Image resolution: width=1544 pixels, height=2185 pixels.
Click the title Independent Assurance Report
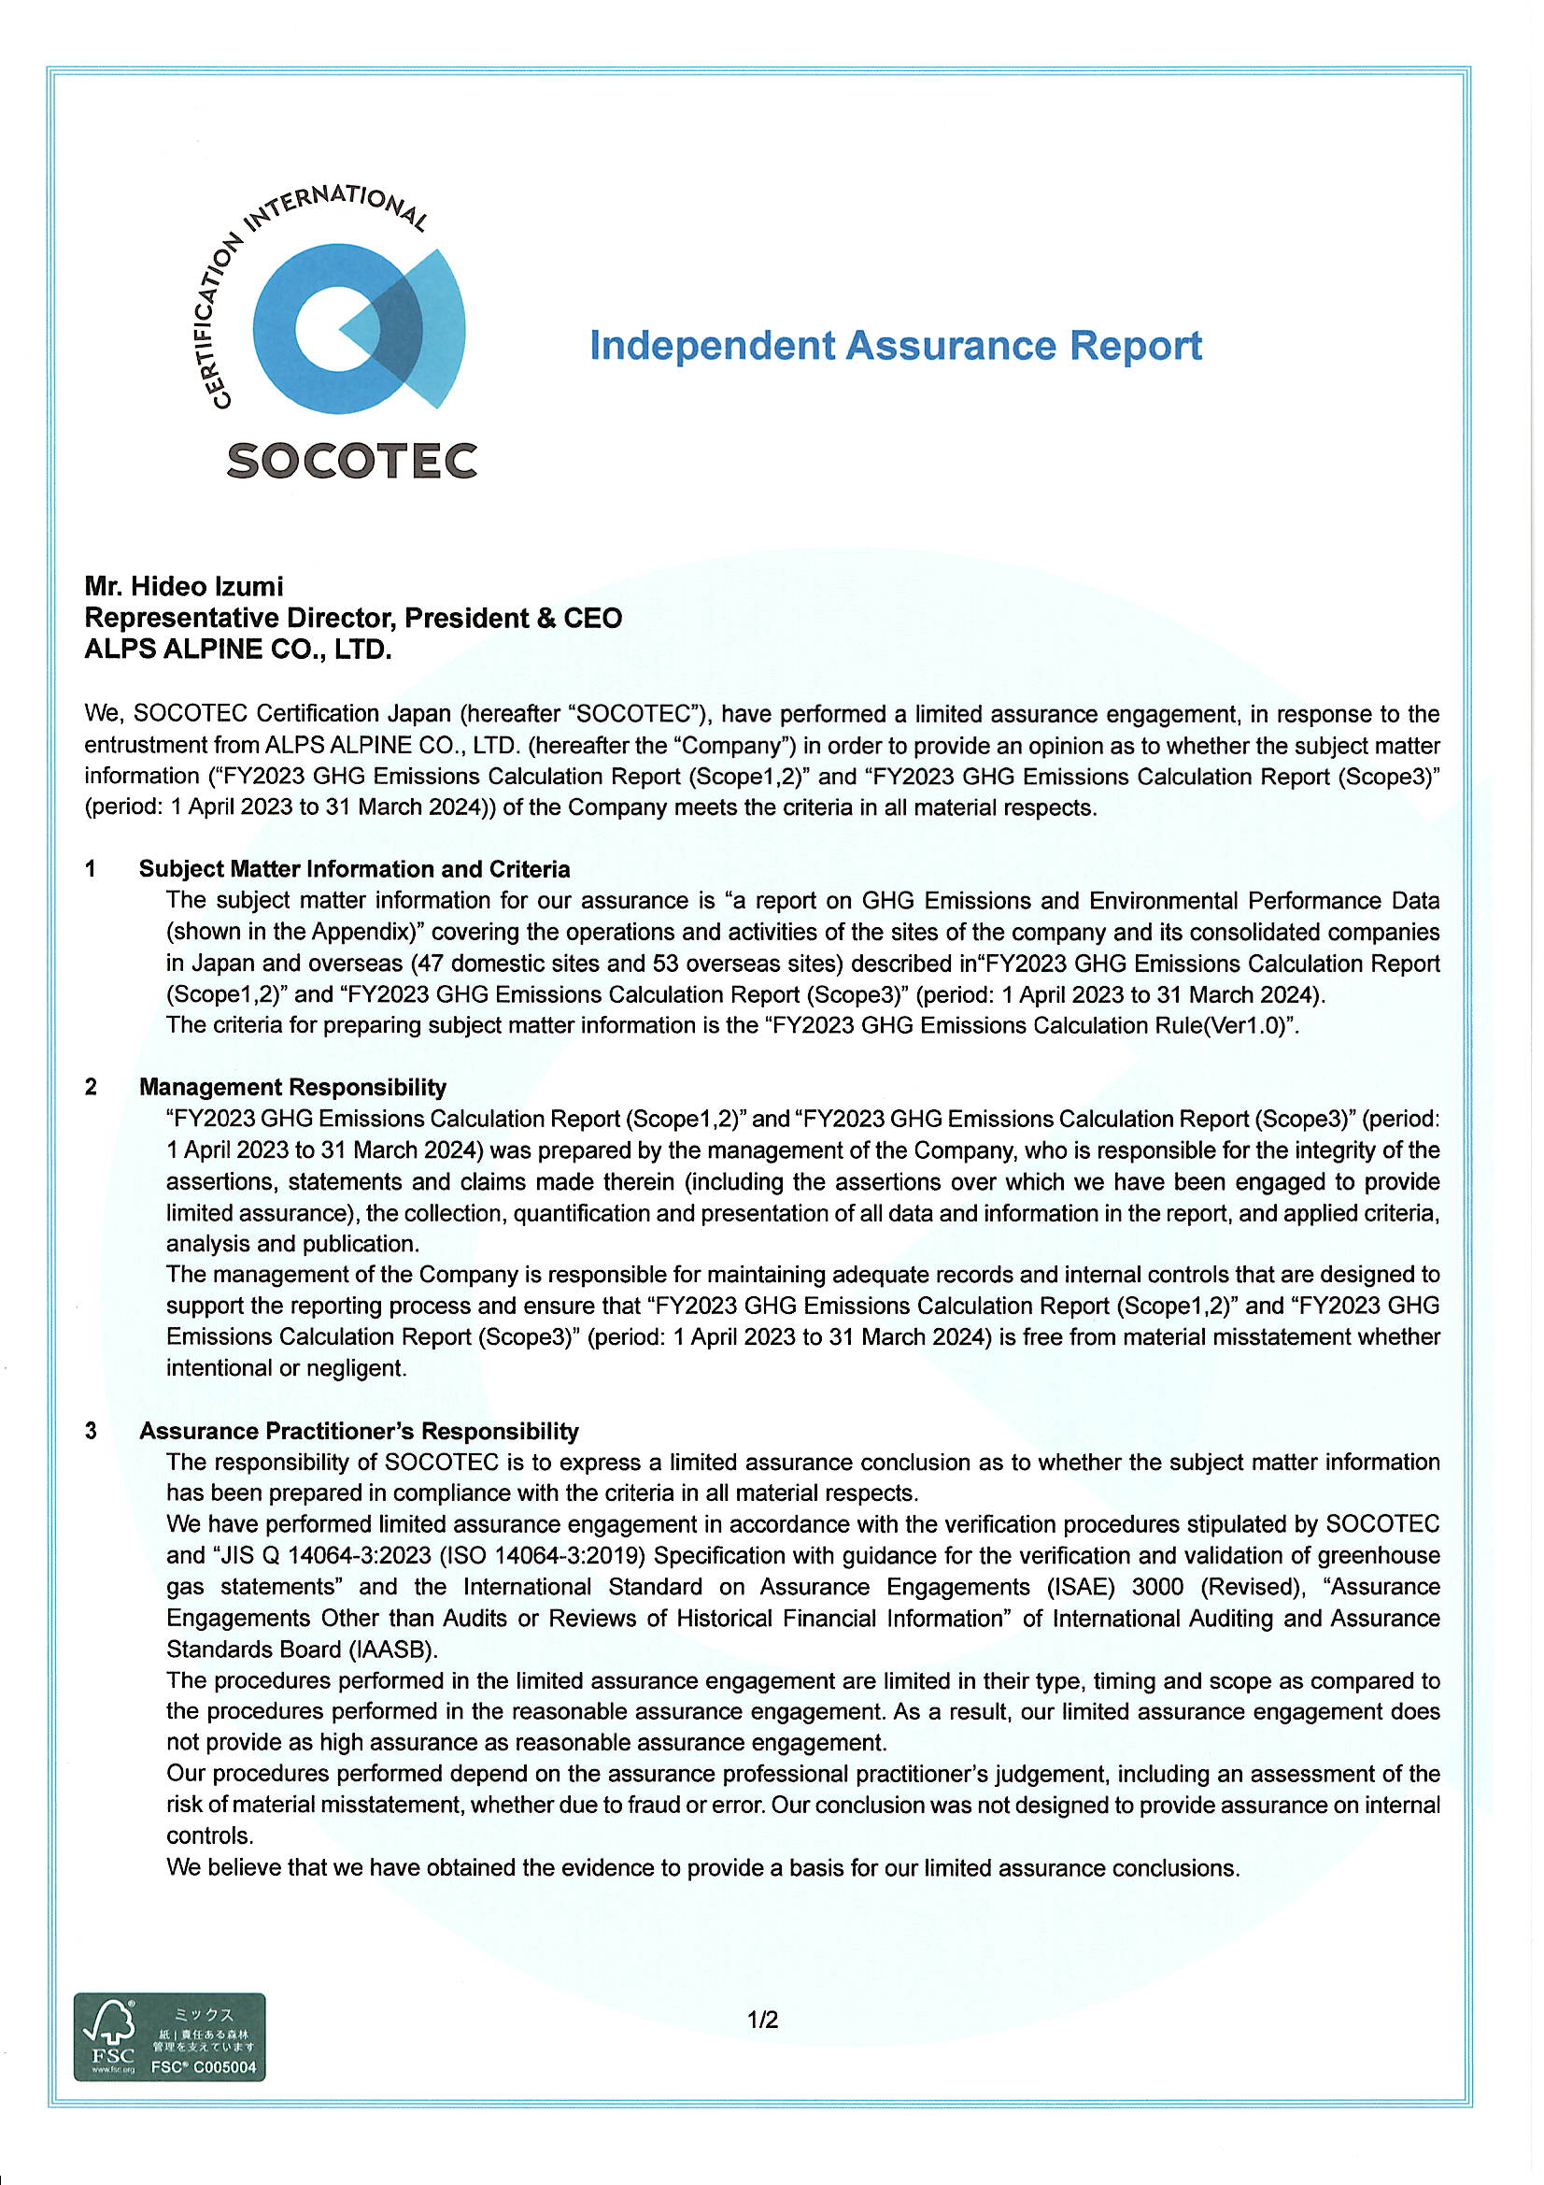[894, 345]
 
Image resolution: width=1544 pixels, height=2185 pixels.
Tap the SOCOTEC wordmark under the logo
[351, 461]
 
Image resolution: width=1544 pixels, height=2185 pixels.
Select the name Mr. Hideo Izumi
[184, 586]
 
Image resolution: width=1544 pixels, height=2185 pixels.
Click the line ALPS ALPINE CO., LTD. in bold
[238, 649]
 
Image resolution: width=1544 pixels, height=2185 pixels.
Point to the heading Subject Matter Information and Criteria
[354, 869]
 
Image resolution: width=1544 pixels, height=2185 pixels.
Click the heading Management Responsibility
[292, 1087]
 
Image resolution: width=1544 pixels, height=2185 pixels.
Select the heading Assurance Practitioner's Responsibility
[359, 1432]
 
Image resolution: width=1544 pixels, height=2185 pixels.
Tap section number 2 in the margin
[91, 1087]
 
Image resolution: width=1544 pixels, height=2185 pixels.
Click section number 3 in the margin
[91, 1432]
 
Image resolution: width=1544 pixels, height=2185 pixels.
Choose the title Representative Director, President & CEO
[353, 618]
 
